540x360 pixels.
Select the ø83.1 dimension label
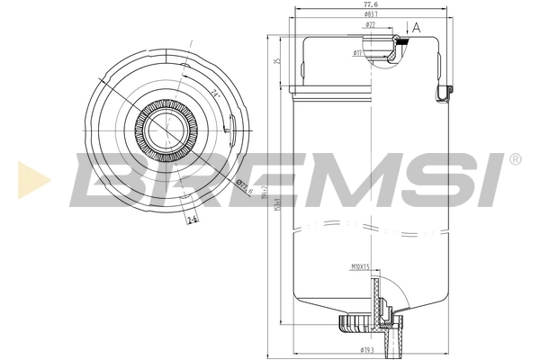point(370,15)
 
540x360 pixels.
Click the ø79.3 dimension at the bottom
point(366,349)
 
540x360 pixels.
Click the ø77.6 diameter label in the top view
point(242,188)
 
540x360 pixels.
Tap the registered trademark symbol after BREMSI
point(514,159)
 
